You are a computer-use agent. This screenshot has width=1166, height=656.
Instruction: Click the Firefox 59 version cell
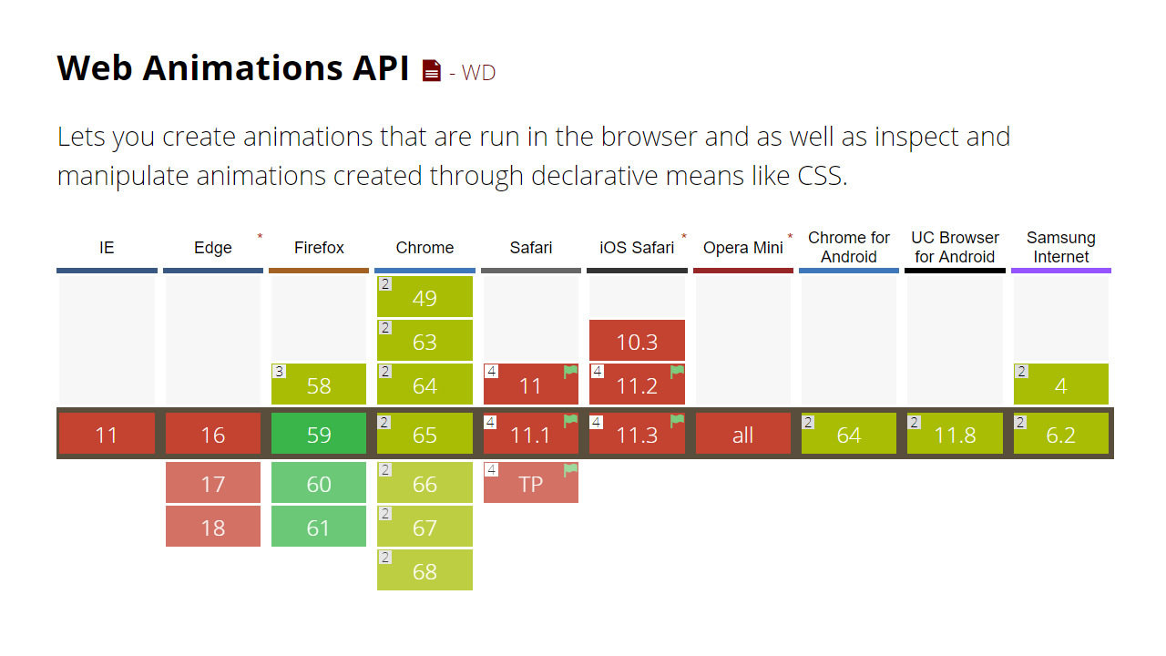319,435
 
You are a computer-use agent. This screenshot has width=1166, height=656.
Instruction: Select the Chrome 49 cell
424,297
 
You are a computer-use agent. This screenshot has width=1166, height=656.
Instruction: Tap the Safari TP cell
530,483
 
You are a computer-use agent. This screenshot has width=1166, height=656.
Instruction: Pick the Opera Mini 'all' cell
742,435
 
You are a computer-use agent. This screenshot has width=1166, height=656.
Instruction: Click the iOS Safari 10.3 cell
637,341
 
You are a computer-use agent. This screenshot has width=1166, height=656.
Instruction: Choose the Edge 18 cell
213,527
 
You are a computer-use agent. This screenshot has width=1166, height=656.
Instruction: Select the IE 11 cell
107,435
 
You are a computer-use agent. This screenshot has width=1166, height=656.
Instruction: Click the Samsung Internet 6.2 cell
1060,435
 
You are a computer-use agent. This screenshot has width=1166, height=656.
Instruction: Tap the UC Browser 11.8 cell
955,435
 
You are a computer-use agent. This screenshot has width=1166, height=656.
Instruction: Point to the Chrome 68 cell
424,570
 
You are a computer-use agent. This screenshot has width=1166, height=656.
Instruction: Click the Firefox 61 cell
319,527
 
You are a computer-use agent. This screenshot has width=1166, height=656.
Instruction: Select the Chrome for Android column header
849,247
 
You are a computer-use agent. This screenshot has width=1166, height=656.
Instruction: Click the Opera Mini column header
742,248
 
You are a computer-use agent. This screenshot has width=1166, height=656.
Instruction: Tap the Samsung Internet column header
1060,247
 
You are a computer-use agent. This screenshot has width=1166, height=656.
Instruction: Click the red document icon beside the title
432,71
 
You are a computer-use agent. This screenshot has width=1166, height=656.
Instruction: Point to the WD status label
478,73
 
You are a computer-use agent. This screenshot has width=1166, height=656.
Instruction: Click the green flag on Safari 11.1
571,421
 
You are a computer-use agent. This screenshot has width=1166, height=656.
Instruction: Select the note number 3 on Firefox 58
280,371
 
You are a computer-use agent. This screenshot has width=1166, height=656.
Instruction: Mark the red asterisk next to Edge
260,237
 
